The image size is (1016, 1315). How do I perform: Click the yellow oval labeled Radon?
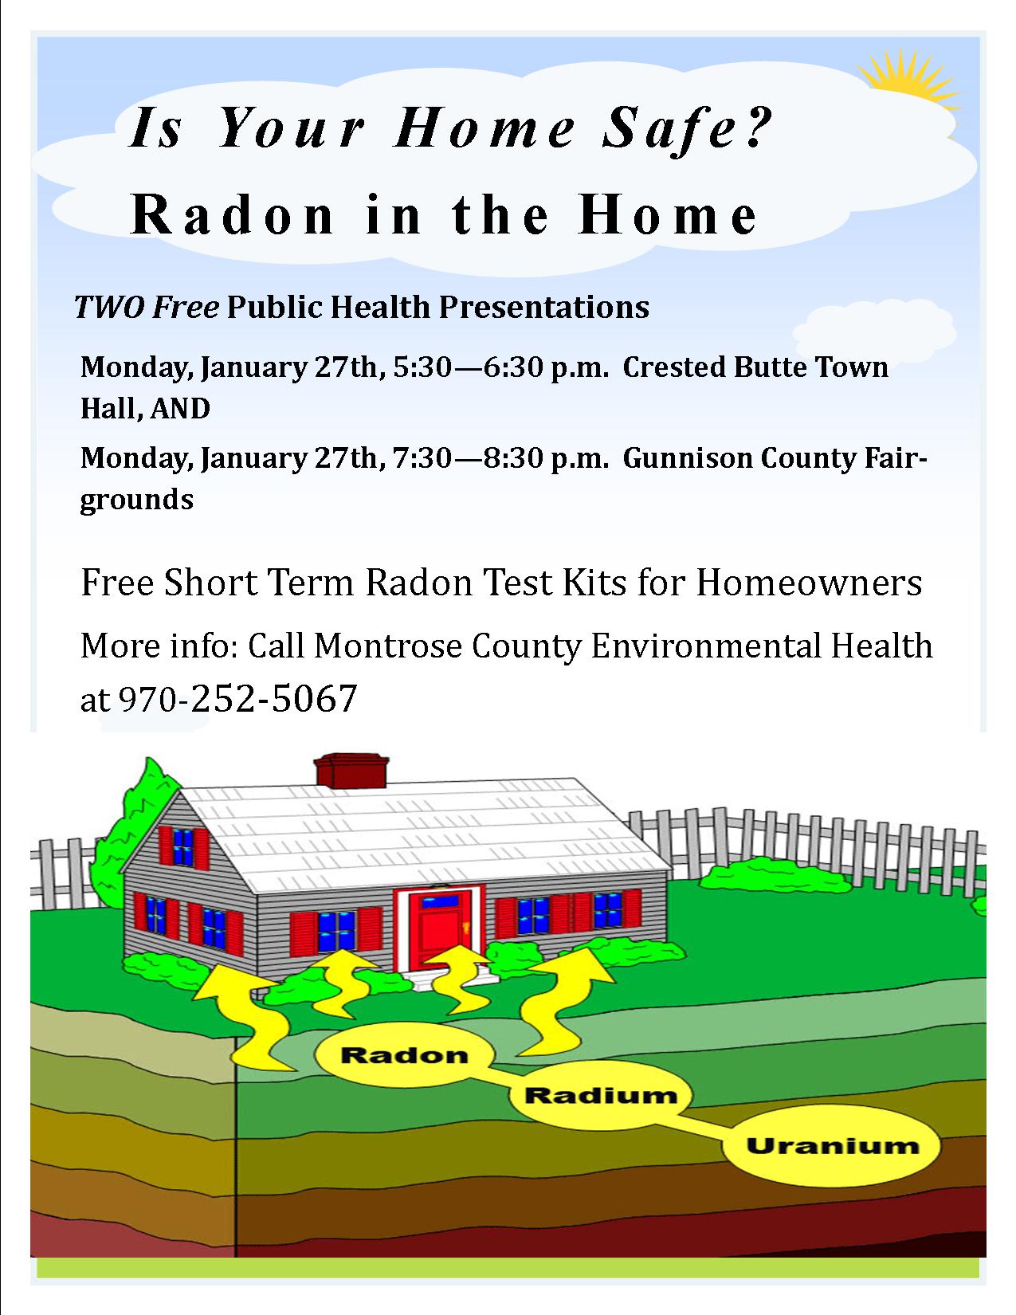pos(404,1054)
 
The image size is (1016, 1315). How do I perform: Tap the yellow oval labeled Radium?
pos(600,1095)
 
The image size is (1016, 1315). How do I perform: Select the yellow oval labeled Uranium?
pos(832,1145)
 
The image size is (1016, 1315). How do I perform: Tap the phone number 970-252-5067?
pos(237,698)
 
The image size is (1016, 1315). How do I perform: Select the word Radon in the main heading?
pos(233,215)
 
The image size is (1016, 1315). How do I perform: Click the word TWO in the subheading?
pos(109,307)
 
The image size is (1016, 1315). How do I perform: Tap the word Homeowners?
pos(809,583)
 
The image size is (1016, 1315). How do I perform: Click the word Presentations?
pos(544,307)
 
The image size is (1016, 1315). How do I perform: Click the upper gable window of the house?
pos(183,846)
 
